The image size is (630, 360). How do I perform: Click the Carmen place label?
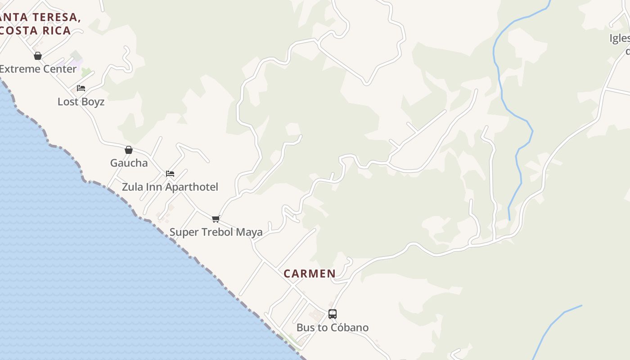click(x=310, y=274)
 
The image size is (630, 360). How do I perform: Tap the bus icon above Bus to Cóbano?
click(x=333, y=314)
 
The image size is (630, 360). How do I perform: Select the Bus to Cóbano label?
click(x=333, y=328)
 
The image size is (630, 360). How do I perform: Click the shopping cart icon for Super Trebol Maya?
click(x=216, y=219)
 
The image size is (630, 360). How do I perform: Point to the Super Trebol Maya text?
click(x=216, y=232)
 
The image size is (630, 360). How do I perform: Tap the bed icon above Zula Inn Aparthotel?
click(x=170, y=174)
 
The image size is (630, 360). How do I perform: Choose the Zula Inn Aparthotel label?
click(x=170, y=187)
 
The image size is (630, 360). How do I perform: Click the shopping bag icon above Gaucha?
click(x=129, y=150)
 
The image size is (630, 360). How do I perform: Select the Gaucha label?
click(x=129, y=163)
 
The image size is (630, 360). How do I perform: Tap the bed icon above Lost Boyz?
click(x=81, y=88)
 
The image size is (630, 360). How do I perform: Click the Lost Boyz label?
click(x=81, y=102)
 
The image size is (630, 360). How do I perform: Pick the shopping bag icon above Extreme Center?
click(x=38, y=56)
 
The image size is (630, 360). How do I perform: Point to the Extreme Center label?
click(x=38, y=69)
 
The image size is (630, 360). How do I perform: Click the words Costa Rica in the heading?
click(x=36, y=31)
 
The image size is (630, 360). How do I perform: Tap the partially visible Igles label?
click(x=620, y=39)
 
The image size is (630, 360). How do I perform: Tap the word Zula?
click(x=132, y=187)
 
